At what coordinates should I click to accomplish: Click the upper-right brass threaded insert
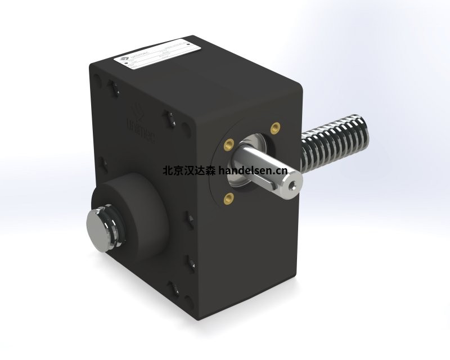(x=275, y=126)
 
